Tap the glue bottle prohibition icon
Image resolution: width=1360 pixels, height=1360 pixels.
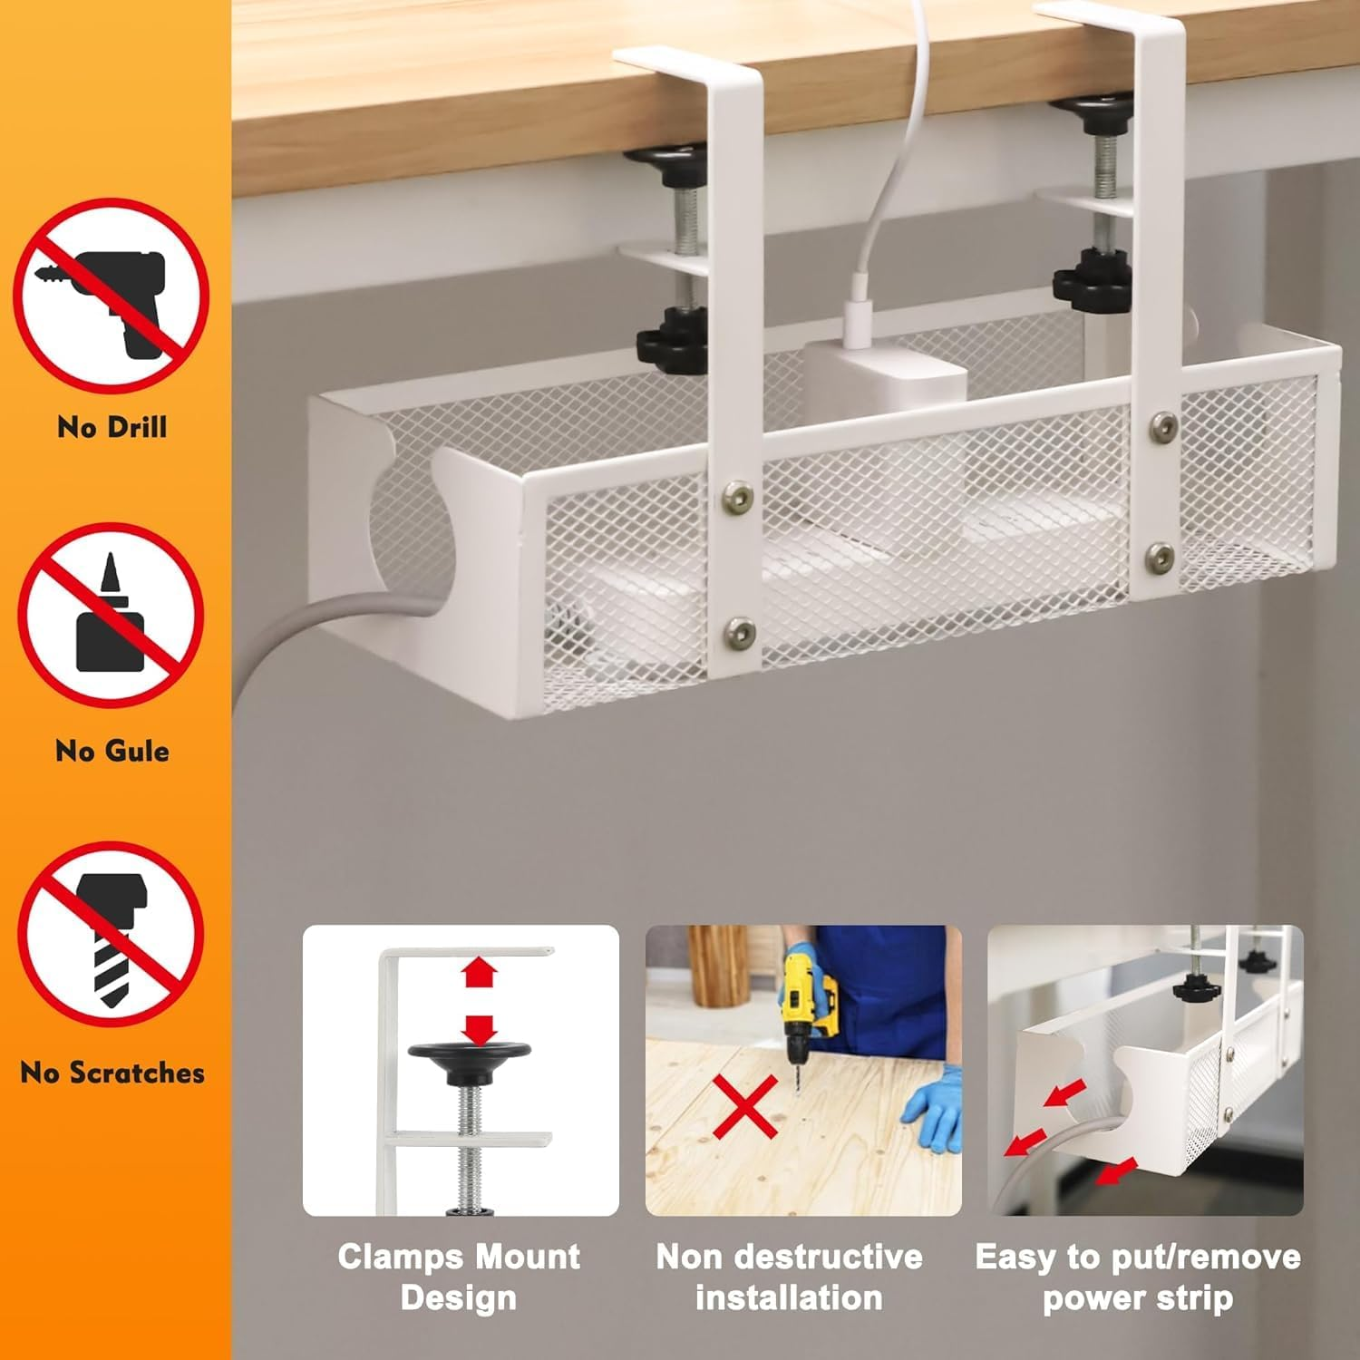(112, 617)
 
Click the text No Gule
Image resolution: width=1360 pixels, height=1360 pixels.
(112, 751)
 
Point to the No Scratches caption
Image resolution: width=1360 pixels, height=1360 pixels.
(112, 1073)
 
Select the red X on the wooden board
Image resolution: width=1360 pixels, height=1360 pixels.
(745, 1106)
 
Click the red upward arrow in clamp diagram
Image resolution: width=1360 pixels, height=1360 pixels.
(480, 974)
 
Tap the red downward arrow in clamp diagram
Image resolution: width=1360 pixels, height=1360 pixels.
(480, 1028)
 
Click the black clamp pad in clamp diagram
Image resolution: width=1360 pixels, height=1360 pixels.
(469, 1054)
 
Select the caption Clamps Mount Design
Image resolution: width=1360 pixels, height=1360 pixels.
(459, 1277)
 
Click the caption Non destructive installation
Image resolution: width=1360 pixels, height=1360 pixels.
(789, 1277)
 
